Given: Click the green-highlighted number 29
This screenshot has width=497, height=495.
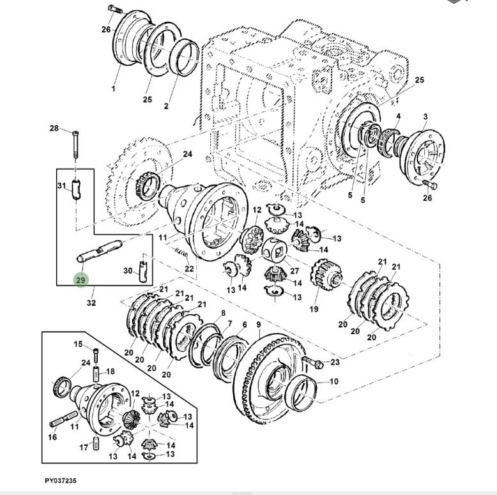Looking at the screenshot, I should (80, 280).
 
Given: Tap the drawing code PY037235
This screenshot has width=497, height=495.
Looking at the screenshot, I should (61, 480).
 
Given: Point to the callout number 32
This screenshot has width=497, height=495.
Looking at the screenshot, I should (91, 303).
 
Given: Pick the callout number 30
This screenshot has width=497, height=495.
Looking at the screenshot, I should (128, 271).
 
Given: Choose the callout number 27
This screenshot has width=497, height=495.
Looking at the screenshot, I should (294, 262).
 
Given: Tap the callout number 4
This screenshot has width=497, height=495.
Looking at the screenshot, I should (398, 116).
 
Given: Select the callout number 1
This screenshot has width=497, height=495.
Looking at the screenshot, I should (114, 88).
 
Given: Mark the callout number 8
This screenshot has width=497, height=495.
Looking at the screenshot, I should (222, 313).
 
